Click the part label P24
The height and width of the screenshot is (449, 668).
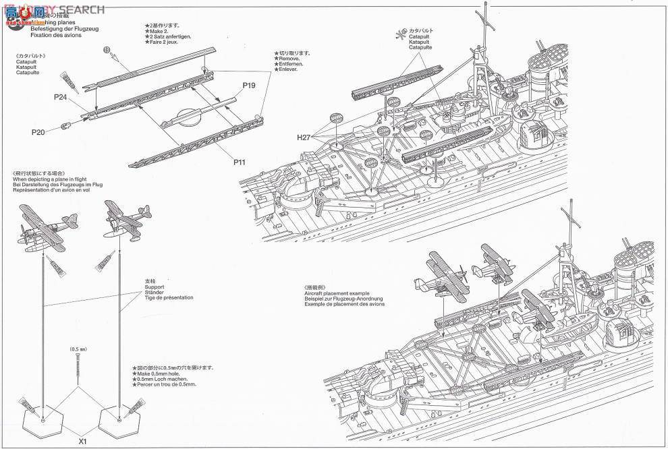tap(61, 96)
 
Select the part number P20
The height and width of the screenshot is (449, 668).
tap(38, 132)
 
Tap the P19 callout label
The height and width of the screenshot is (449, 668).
tap(248, 86)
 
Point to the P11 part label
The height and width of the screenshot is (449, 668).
tap(241, 162)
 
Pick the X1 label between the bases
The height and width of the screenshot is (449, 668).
tap(83, 442)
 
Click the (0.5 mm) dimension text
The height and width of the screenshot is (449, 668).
tap(78, 350)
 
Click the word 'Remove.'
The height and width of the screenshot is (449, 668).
tap(290, 58)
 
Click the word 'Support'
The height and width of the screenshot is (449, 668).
tap(155, 287)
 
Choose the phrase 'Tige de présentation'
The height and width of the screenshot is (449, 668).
tap(169, 297)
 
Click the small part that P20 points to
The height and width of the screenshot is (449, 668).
tap(65, 125)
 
